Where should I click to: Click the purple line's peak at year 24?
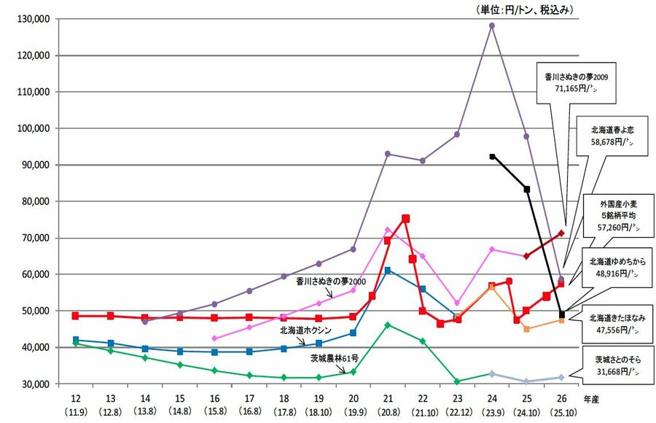492,26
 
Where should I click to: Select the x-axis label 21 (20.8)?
388,404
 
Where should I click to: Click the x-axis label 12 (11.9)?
76,404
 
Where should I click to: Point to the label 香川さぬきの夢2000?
330,280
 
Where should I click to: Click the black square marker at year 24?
492,157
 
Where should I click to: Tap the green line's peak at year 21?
388,325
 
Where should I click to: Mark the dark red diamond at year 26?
561,233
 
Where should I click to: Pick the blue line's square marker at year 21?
388,271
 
